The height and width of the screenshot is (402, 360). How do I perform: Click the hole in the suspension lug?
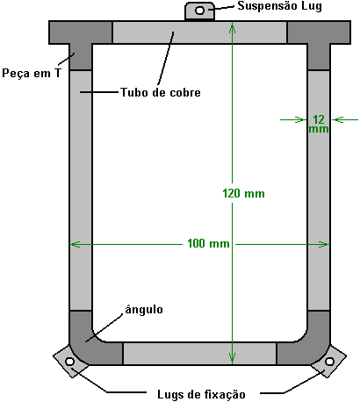click(x=199, y=11)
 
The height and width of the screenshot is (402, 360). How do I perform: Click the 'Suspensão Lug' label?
click(x=279, y=6)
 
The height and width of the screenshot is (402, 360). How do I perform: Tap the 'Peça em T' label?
click(x=32, y=73)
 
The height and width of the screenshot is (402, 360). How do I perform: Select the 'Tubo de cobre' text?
click(x=161, y=92)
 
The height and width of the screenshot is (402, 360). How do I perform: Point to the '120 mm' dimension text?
click(x=243, y=193)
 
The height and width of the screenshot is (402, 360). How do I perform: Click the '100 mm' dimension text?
click(x=208, y=243)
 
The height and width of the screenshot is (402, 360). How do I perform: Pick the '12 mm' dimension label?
click(x=319, y=124)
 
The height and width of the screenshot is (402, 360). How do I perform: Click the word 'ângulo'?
click(x=144, y=310)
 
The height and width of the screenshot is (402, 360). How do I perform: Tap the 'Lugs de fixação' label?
click(x=201, y=394)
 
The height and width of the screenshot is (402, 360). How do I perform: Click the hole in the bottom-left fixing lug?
click(x=69, y=362)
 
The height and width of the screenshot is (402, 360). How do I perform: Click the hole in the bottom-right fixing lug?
click(x=329, y=362)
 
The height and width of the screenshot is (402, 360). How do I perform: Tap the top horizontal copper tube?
click(x=199, y=32)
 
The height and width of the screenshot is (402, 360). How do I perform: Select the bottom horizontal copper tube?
click(x=199, y=354)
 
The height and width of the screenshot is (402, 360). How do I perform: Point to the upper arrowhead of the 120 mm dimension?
click(x=233, y=28)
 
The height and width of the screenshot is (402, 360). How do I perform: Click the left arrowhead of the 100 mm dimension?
click(x=76, y=244)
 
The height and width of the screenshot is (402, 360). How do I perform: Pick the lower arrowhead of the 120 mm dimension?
click(x=233, y=358)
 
